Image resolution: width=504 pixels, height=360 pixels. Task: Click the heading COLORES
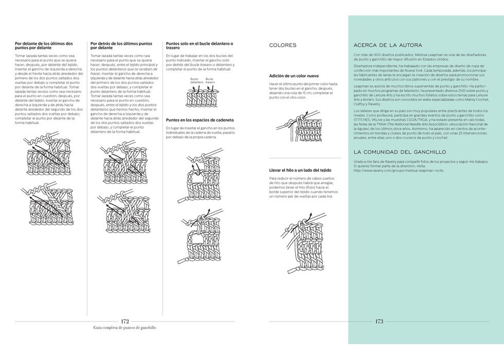click(x=283, y=45)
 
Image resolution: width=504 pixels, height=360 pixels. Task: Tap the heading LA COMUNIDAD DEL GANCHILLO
click(x=400, y=152)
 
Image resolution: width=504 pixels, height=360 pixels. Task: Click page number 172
click(x=125, y=321)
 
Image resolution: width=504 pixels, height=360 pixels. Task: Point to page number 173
click(x=379, y=321)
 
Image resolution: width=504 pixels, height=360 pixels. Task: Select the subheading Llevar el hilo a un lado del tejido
click(x=300, y=170)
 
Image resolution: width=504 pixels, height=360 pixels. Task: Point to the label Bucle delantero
click(x=196, y=80)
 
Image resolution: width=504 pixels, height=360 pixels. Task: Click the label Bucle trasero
click(x=210, y=80)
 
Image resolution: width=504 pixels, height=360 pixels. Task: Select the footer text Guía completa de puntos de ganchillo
click(x=125, y=328)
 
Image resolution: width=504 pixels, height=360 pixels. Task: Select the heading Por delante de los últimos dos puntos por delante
click(x=44, y=46)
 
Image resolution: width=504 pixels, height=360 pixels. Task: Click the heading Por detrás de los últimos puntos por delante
click(x=121, y=46)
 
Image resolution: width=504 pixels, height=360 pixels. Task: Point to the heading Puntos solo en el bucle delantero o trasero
click(x=199, y=46)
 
